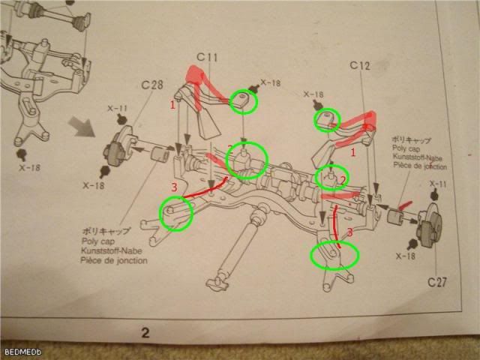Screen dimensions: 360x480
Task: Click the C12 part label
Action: tap(361, 66)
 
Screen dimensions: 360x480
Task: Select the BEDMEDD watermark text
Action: tap(18, 352)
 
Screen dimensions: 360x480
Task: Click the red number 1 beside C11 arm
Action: tap(172, 106)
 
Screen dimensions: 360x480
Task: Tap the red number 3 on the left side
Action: tap(173, 186)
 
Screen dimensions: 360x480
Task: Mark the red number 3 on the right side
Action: tap(347, 233)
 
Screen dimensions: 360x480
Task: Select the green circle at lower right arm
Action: tap(334, 255)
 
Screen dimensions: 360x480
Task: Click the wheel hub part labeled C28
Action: tap(118, 151)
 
